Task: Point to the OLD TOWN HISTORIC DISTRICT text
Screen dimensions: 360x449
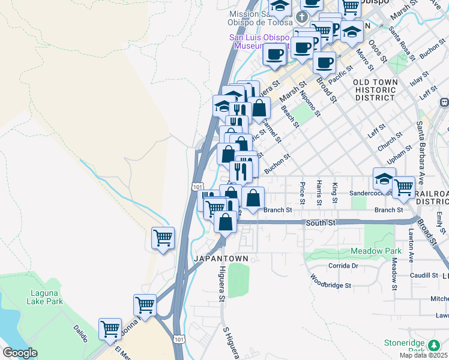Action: [375, 89]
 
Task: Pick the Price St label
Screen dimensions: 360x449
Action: [302, 192]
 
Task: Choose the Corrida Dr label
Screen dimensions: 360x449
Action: [343, 265]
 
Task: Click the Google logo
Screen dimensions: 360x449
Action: [20, 353]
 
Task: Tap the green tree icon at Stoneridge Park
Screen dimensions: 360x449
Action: [433, 346]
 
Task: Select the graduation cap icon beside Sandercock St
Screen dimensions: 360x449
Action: [384, 178]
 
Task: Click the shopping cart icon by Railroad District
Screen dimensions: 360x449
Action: [403, 187]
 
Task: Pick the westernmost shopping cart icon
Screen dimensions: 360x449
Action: [110, 328]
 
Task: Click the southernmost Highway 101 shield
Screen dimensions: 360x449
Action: [178, 339]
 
